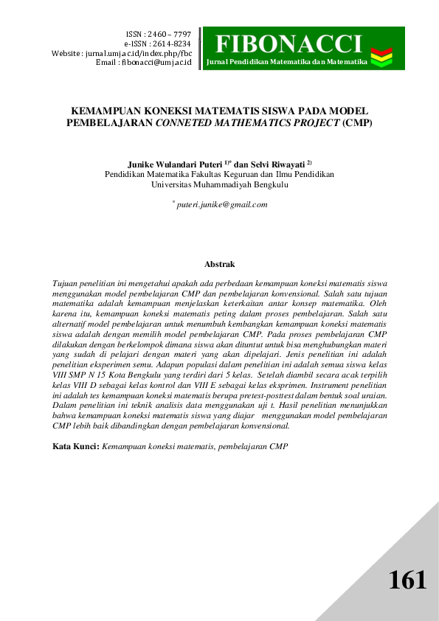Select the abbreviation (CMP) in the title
358,122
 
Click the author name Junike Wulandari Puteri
170,163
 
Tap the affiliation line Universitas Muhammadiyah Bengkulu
219,185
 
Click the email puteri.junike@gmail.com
221,204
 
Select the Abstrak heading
219,263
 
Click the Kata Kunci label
76,446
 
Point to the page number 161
408,580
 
